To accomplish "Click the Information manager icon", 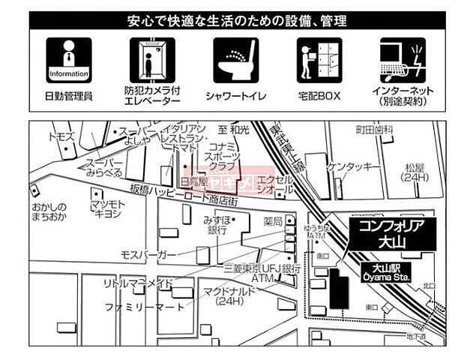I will (x=69, y=61).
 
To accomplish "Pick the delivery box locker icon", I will (x=319, y=61).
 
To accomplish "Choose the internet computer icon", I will (x=403, y=61).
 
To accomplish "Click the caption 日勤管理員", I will (x=69, y=95).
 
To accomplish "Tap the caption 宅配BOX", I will (x=319, y=95).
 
